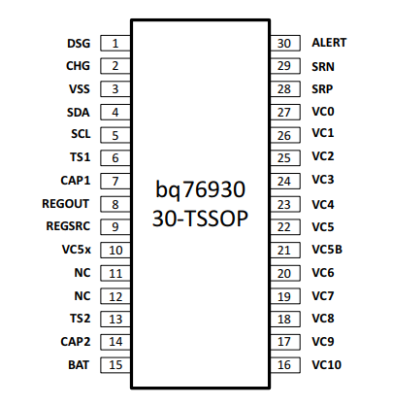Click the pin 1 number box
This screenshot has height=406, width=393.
[x=115, y=43]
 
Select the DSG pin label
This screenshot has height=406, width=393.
[x=78, y=43]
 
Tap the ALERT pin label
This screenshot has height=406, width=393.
[x=329, y=43]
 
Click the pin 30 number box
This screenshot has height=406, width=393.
[x=284, y=43]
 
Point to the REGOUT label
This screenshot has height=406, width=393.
[x=67, y=204]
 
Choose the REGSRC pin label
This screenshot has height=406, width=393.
[x=68, y=226]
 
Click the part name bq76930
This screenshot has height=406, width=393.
[x=200, y=189]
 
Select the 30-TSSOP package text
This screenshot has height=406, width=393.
[x=200, y=219]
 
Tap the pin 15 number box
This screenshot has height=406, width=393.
[x=115, y=365]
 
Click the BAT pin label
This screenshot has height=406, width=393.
[x=80, y=365]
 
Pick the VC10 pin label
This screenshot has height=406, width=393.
[x=325, y=365]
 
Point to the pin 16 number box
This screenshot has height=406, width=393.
[x=284, y=365]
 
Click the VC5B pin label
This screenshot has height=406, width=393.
[x=327, y=250]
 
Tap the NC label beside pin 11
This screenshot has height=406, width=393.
[x=82, y=273]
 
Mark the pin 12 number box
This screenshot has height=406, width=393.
[x=115, y=296]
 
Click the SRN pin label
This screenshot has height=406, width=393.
[x=322, y=66]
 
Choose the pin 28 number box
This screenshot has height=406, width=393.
[x=284, y=88]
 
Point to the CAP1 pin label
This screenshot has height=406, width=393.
[x=76, y=181]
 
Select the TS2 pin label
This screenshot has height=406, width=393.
[x=80, y=319]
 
